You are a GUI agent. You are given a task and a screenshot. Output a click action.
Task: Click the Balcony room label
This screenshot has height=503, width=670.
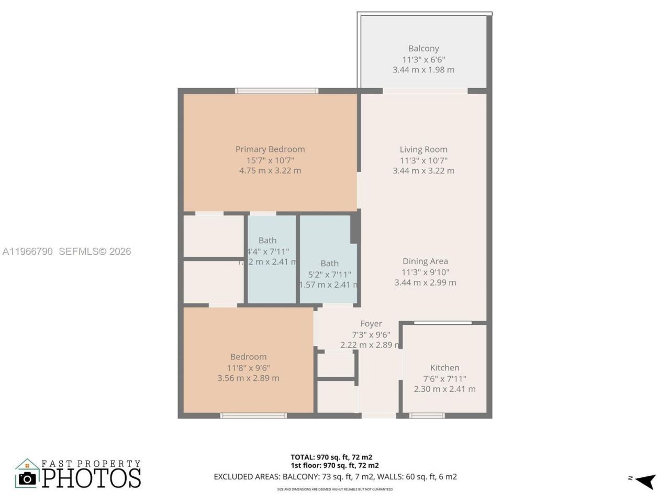[x=423, y=48]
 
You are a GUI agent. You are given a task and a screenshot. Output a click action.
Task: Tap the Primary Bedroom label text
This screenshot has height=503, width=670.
[x=270, y=149]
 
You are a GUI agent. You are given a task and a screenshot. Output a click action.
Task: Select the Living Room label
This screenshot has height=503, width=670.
[x=423, y=149]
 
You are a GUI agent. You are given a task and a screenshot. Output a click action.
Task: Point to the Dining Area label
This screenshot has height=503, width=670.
[x=425, y=261]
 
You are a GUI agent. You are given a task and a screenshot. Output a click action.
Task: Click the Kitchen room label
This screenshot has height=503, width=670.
[x=444, y=368]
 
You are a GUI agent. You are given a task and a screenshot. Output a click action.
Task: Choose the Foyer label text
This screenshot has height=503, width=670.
[x=371, y=324]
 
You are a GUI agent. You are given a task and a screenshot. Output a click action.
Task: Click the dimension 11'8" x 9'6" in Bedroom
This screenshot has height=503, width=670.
[x=248, y=368]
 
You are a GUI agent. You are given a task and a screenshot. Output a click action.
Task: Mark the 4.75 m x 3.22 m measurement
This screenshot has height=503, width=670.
[x=270, y=171]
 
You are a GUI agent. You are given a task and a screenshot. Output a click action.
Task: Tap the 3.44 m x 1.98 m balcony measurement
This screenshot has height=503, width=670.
[x=423, y=70]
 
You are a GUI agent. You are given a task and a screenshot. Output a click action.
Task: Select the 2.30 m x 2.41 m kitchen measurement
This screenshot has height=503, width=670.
[x=444, y=389]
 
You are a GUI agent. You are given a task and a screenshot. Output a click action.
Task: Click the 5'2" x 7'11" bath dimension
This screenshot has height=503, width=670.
[x=329, y=274]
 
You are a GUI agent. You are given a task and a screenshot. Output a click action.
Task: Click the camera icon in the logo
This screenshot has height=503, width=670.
[x=27, y=477]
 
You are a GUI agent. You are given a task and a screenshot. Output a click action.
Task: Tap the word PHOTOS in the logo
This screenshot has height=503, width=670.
[x=92, y=478]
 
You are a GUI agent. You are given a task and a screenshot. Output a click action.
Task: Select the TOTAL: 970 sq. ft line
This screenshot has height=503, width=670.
[x=331, y=457]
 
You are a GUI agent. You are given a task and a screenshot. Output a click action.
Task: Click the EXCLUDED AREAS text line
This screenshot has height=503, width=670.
[x=335, y=477]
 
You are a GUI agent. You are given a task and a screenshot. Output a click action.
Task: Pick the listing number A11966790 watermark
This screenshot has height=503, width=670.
[x=27, y=251]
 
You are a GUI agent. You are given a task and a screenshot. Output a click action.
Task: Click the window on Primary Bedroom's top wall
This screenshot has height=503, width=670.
[x=276, y=91]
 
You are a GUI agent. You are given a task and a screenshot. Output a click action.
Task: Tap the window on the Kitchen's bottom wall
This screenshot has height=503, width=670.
[x=427, y=416]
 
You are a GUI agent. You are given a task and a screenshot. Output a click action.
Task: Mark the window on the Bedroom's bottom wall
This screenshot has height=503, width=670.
[x=253, y=416]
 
